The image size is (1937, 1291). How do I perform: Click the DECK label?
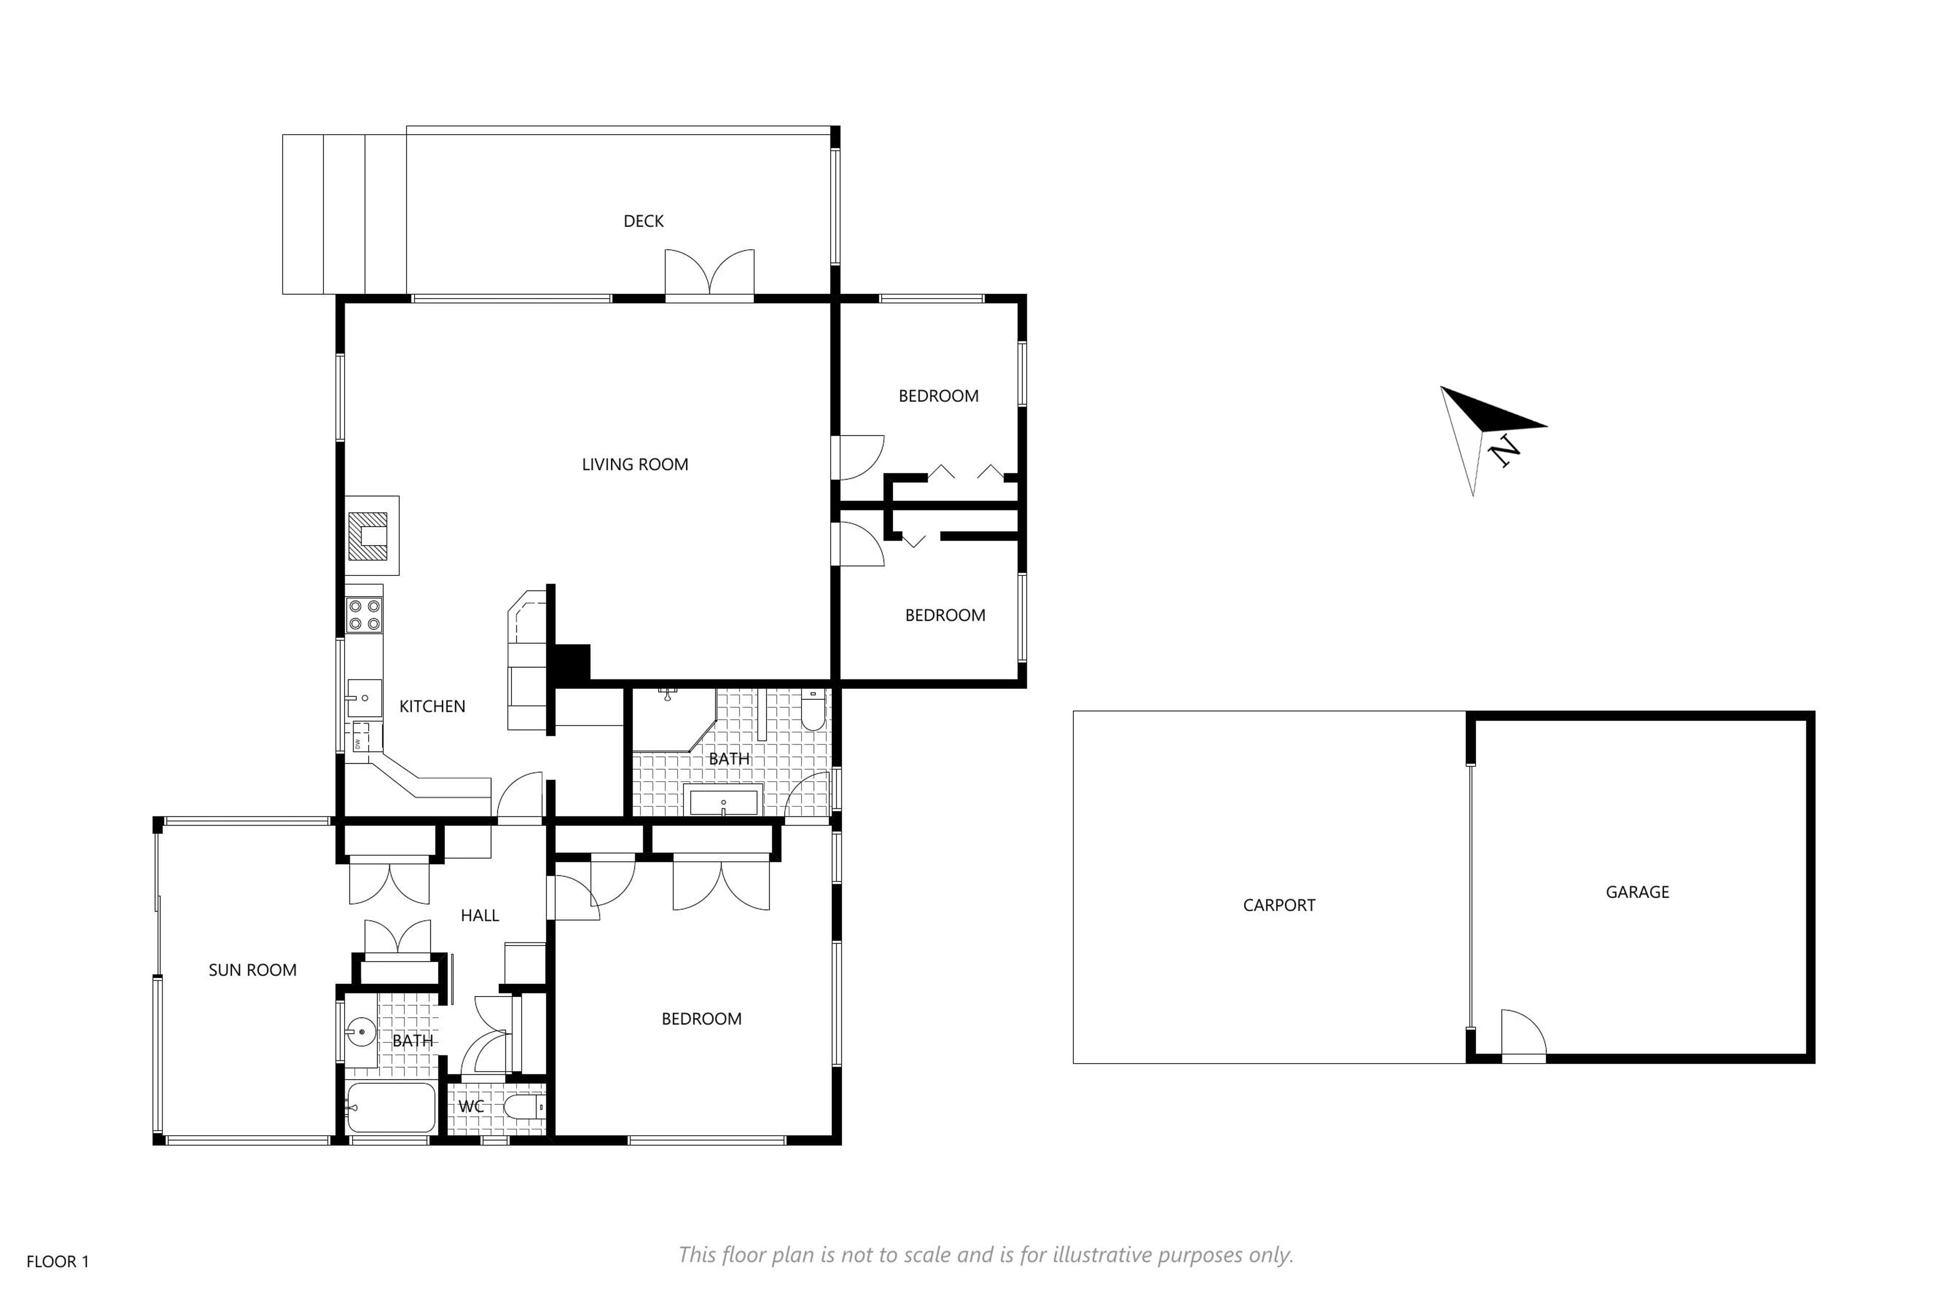(643, 221)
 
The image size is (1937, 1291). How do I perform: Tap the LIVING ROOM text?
(635, 464)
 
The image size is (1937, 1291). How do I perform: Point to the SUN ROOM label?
(253, 970)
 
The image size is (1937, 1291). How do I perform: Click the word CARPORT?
(1279, 905)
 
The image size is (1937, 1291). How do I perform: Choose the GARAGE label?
(1637, 892)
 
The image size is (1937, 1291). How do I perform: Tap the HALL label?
(480, 915)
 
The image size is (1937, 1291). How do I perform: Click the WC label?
(471, 1106)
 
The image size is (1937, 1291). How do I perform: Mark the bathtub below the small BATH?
(390, 1107)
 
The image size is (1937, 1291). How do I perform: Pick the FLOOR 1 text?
(58, 1261)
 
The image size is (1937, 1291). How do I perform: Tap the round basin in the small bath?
(361, 1031)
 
